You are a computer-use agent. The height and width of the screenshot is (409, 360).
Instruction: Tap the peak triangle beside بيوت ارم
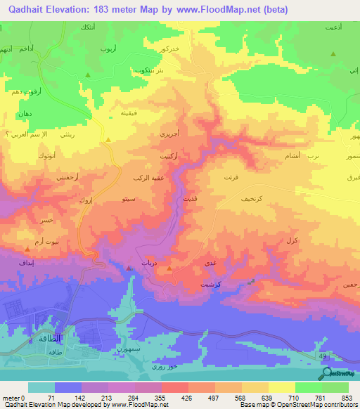click(27, 248)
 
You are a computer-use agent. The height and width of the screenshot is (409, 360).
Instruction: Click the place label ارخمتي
click(65, 178)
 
